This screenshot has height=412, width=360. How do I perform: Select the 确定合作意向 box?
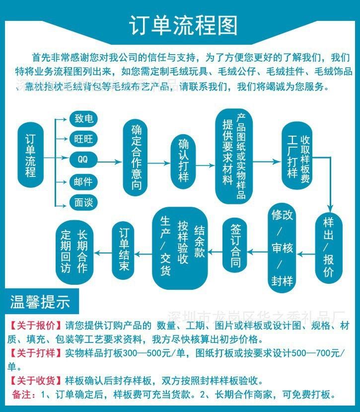[x=137, y=158]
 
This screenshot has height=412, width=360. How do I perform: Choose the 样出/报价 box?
[x=328, y=247]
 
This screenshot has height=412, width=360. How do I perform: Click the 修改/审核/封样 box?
[x=282, y=247]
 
